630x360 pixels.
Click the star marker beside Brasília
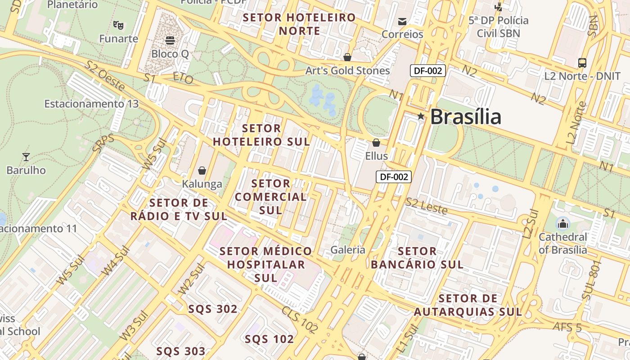pos(421,117)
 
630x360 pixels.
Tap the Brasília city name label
pos(465,117)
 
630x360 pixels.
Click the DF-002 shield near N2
pos(427,71)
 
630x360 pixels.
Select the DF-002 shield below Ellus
pos(394,177)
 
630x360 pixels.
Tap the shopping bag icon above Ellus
pos(376,143)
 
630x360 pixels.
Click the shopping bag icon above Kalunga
pos(202,171)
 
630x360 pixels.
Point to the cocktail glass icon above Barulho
pos(26,157)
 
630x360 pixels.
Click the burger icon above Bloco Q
pos(170,40)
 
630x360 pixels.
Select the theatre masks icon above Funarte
pos(118,25)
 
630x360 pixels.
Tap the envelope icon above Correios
pos(402,21)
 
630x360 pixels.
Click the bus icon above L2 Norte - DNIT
pos(582,63)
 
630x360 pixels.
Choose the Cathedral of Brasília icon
pos(562,223)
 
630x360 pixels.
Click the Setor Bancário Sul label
pos(417,257)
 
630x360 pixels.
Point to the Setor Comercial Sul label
pos(270,197)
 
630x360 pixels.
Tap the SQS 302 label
pos(213,309)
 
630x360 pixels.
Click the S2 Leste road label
pos(426,206)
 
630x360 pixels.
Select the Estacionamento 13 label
pos(91,104)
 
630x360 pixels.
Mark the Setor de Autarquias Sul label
pos(468,305)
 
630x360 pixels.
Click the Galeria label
pos(347,250)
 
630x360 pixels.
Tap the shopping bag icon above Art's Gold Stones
pos(347,57)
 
